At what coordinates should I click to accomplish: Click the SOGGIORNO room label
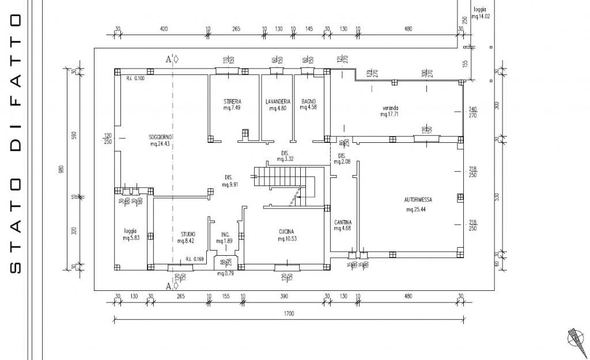(x=161, y=137)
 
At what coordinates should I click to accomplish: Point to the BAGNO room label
(x=308, y=101)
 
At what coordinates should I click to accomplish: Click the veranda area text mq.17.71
(x=390, y=115)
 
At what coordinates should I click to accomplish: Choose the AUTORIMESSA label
(x=418, y=200)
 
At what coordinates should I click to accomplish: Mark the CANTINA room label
(x=342, y=222)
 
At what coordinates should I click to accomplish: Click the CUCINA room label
(x=287, y=232)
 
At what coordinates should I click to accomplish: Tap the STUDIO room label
(x=188, y=234)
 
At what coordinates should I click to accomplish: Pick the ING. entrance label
(x=226, y=234)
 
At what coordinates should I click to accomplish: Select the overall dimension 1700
(x=289, y=314)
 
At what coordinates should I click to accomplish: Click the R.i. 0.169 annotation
(x=194, y=259)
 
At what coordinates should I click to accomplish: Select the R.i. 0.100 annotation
(x=136, y=78)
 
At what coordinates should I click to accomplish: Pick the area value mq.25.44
(x=416, y=210)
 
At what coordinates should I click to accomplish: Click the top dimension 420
(x=163, y=29)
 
